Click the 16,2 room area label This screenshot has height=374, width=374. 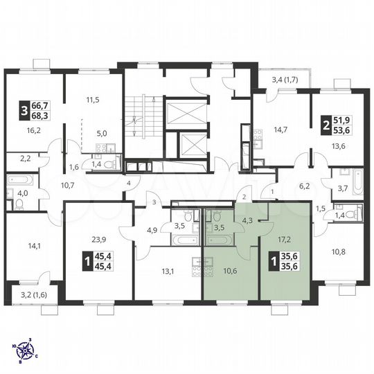(x=33, y=129)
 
